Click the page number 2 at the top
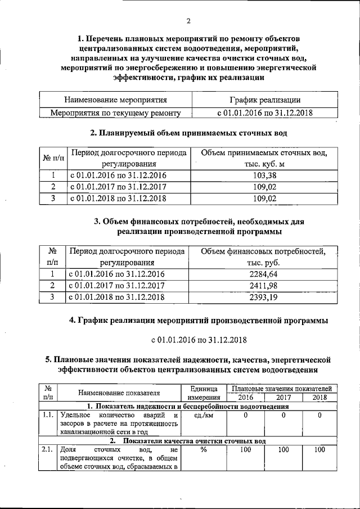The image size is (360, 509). pyautogui.click(x=188, y=21)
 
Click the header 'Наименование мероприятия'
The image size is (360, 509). pyautogui.click(x=116, y=100)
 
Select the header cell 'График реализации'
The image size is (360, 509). pyautogui.click(x=264, y=100)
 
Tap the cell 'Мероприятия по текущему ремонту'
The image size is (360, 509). pyautogui.click(x=116, y=113)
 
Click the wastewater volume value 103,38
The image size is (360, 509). pyautogui.click(x=264, y=175)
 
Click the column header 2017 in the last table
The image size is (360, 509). pyautogui.click(x=283, y=397)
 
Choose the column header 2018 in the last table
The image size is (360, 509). pyautogui.click(x=319, y=397)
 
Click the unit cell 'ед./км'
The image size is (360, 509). pyautogui.click(x=204, y=416)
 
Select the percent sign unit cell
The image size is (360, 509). pyautogui.click(x=204, y=450)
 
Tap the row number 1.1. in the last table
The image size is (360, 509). pyautogui.click(x=47, y=416)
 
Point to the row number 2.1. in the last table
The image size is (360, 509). pyautogui.click(x=47, y=450)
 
